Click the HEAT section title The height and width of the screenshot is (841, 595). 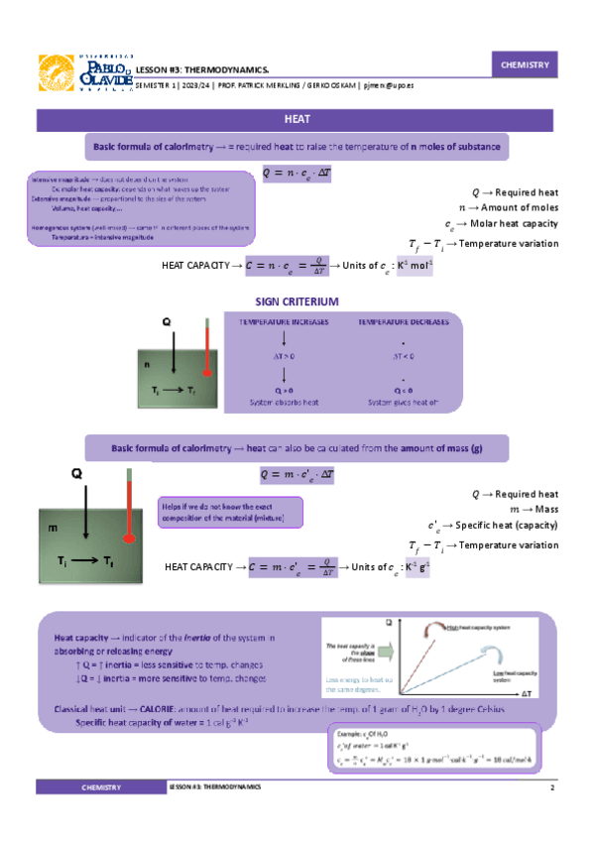pos(297,120)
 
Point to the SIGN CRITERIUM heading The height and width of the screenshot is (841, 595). pos(297,301)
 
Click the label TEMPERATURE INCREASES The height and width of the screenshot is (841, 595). pos(284,322)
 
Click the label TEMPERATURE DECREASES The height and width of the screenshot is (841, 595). pos(403,322)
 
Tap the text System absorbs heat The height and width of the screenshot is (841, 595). pos(284,403)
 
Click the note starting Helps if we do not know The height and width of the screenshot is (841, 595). pos(230,512)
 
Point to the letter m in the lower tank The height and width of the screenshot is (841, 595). pos(53,530)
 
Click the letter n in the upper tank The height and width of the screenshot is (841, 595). pos(145,365)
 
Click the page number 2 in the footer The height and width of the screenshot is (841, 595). pos(550,786)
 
